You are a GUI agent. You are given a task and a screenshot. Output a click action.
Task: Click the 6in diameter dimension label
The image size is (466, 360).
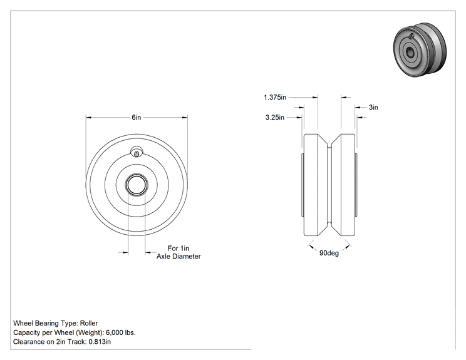pyautogui.click(x=137, y=117)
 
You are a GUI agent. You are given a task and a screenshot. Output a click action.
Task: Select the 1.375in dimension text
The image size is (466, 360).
pyautogui.click(x=275, y=97)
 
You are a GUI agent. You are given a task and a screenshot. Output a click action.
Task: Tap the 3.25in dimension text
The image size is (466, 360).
pyautogui.click(x=274, y=117)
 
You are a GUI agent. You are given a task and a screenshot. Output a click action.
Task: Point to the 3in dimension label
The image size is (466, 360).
pyautogui.click(x=373, y=107)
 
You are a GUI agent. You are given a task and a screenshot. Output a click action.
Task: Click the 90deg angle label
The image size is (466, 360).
pyautogui.click(x=329, y=253)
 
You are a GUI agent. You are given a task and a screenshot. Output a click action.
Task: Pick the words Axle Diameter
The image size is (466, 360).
pyautogui.click(x=179, y=256)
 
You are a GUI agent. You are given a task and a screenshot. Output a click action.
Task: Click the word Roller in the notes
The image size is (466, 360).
pyautogui.click(x=89, y=323)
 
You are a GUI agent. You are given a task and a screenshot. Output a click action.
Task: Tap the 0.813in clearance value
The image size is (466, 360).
pyautogui.click(x=100, y=342)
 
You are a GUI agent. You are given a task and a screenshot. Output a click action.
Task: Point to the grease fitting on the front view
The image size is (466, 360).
pyautogui.click(x=137, y=152)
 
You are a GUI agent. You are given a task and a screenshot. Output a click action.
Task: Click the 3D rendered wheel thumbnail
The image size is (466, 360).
pyautogui.click(x=420, y=51)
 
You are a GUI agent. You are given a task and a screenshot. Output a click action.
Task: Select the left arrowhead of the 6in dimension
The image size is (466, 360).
pyautogui.click(x=88, y=117)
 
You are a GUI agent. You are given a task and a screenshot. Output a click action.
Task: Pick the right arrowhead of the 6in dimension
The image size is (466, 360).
pyautogui.click(x=185, y=117)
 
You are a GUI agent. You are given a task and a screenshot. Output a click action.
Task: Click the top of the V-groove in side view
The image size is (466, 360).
pyautogui.click(x=329, y=145)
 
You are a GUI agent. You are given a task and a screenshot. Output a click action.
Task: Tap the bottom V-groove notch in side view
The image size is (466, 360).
pyautogui.click(x=329, y=224)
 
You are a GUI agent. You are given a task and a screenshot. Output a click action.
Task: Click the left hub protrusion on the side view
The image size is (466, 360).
pyautogui.click(x=303, y=185)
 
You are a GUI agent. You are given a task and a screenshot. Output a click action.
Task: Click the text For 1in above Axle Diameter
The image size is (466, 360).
pyautogui.click(x=179, y=249)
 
